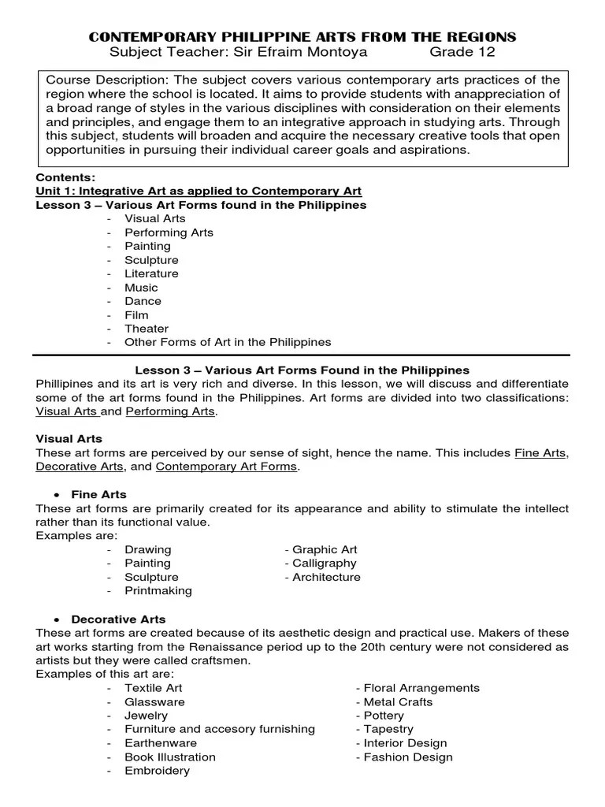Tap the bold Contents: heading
coord(65,178)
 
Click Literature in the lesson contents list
coord(151,273)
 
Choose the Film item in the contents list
coord(136,314)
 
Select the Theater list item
coord(147,329)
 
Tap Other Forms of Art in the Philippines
coord(228,342)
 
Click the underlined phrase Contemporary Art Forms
coord(227,467)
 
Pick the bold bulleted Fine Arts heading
coord(98,494)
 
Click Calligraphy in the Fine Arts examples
coord(324,563)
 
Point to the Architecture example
coord(326,577)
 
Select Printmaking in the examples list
coord(158,590)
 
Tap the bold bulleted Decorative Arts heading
coord(118,619)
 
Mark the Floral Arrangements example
coord(421,688)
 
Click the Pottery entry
coord(384,716)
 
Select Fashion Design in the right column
coord(408,757)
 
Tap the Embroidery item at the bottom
coord(157,771)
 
